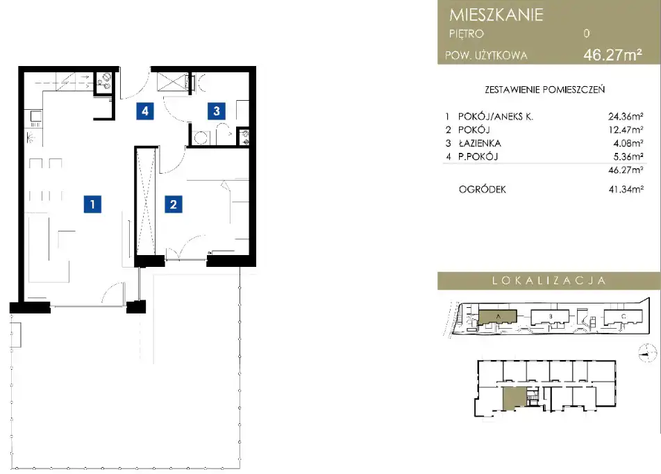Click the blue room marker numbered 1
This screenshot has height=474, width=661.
(x=92, y=204)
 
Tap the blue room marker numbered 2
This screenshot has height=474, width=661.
(x=174, y=204)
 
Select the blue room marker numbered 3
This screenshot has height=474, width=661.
(x=216, y=111)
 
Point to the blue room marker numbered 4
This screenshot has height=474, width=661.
(x=145, y=111)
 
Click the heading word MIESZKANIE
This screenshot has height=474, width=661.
(x=496, y=15)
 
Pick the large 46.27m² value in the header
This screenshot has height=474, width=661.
(x=613, y=55)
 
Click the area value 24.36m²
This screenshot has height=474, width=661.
(x=626, y=117)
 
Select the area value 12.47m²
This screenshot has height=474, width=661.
(x=626, y=129)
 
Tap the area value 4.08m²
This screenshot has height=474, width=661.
(x=628, y=143)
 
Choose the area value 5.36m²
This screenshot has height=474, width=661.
(x=628, y=156)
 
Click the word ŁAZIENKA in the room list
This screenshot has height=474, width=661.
(x=480, y=143)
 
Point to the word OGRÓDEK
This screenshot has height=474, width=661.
(x=483, y=190)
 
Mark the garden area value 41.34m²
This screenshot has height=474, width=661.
(x=626, y=190)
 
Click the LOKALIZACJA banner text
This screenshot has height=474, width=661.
(x=549, y=281)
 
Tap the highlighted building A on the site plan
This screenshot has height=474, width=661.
(x=497, y=317)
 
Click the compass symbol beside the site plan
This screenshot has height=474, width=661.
(x=648, y=353)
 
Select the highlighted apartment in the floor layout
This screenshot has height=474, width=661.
(x=514, y=399)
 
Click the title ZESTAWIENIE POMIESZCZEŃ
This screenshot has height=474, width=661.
(x=544, y=90)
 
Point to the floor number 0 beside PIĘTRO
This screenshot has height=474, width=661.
(x=587, y=33)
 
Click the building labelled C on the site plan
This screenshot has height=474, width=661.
(x=624, y=317)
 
